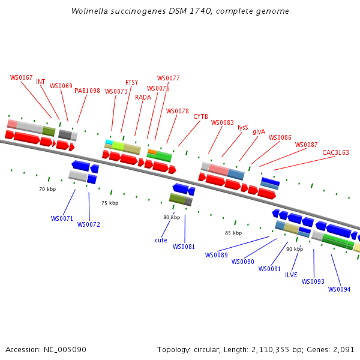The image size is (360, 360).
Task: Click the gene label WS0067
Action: pyautogui.click(x=22, y=77)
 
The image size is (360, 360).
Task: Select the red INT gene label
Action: pyautogui.click(x=41, y=82)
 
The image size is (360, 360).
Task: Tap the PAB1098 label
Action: pyautogui.click(x=88, y=91)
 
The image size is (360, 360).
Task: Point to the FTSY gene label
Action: pyautogui.click(x=131, y=82)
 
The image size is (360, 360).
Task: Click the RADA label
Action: pyautogui.click(x=143, y=97)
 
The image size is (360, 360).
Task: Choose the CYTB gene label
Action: pyautogui.click(x=200, y=116)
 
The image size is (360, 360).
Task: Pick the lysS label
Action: pyautogui.click(x=243, y=127)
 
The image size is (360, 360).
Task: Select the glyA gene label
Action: pyautogui.click(x=259, y=131)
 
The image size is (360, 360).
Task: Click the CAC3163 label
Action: pyautogui.click(x=335, y=152)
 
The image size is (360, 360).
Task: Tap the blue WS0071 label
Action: pyautogui.click(x=62, y=218)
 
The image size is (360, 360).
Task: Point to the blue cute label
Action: pyautogui.click(x=161, y=240)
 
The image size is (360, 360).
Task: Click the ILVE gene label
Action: pyautogui.click(x=291, y=275)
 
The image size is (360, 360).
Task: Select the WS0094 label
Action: pyautogui.click(x=340, y=289)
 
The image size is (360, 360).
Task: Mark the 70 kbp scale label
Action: pyautogui.click(x=47, y=189)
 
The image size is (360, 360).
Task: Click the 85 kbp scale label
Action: pyautogui.click(x=233, y=233)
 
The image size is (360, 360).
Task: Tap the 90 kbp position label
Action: pyautogui.click(x=295, y=249)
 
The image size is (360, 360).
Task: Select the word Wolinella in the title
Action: pyautogui.click(x=89, y=11)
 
